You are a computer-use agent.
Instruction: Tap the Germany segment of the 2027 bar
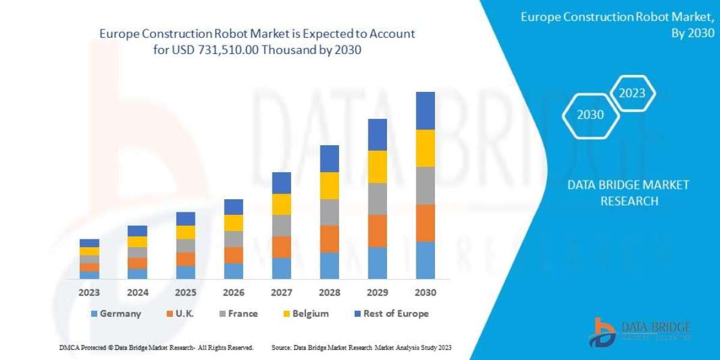pyautogui.click(x=281, y=268)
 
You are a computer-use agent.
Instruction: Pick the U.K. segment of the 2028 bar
pyautogui.click(x=329, y=239)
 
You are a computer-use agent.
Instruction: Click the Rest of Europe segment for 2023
pyautogui.click(x=89, y=243)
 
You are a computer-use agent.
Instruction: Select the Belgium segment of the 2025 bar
pyautogui.click(x=185, y=232)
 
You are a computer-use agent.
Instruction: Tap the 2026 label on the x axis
pyautogui.click(x=233, y=293)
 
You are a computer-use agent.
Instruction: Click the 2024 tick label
pyautogui.click(x=137, y=293)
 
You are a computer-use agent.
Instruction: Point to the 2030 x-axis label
pyautogui.click(x=425, y=293)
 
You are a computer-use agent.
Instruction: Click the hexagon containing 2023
pyautogui.click(x=632, y=93)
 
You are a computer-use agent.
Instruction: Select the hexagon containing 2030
pyautogui.click(x=590, y=115)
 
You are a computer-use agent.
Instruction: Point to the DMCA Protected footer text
pyautogui.click(x=157, y=347)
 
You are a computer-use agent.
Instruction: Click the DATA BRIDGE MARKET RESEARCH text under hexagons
pyautogui.click(x=629, y=193)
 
